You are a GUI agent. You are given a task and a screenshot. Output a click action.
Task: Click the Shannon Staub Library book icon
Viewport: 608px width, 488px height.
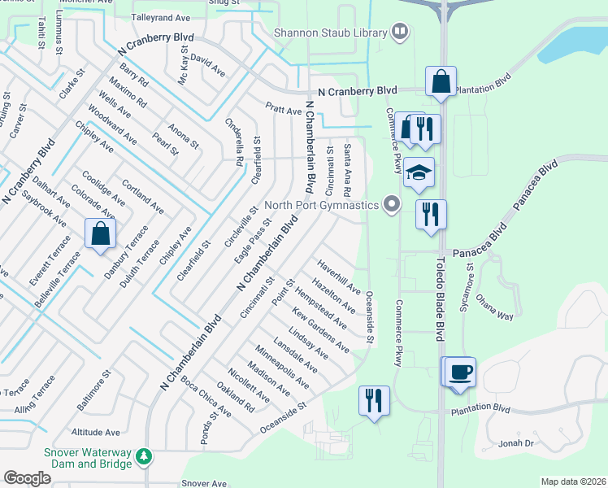pos(399,33)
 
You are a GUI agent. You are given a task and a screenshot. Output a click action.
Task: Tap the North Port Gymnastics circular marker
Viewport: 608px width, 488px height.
pos(393,205)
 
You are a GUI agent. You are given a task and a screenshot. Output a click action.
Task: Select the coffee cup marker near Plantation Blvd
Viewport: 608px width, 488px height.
pos(461,372)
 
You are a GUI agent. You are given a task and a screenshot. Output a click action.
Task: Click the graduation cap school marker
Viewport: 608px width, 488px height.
pos(420,172)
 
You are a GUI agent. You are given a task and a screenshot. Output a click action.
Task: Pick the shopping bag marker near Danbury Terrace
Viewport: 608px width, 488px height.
pos(100,234)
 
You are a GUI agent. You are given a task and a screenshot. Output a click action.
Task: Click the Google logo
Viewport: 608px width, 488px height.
pos(27,478)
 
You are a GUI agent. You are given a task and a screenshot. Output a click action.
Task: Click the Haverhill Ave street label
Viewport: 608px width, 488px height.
pos(339,277)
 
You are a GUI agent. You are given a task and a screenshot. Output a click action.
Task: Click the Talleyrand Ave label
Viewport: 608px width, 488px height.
pos(159,16)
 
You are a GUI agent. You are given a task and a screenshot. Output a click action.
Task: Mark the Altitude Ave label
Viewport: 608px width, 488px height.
pos(96,433)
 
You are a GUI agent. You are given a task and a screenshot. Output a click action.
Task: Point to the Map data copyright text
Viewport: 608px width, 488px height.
pos(573,481)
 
